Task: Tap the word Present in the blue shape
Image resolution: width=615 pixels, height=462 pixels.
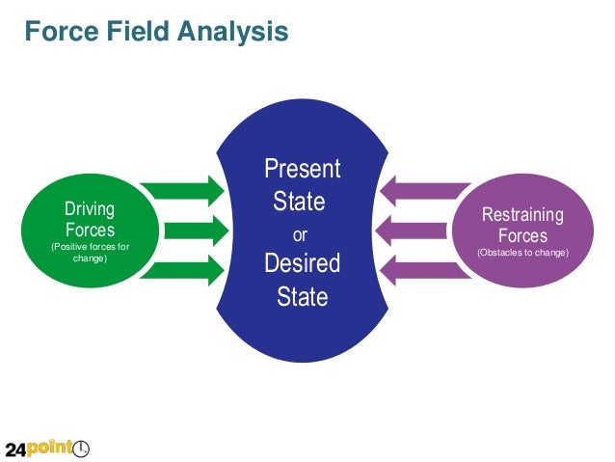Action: pos(303,170)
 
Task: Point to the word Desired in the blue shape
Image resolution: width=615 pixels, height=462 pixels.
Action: pos(303,263)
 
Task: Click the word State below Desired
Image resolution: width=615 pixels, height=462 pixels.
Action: pos(303,296)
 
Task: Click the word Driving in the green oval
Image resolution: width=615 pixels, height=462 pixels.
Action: pos(90,209)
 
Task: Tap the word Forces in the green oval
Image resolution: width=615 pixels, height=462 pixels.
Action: pos(90,231)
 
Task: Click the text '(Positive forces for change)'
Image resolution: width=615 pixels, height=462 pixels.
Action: pos(90,253)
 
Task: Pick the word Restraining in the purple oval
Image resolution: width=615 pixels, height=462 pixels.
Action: pos(522,215)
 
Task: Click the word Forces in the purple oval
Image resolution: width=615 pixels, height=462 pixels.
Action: pos(522,236)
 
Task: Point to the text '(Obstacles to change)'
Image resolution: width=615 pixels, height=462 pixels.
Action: pos(522,254)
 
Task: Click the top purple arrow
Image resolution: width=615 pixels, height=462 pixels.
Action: pos(415,190)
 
